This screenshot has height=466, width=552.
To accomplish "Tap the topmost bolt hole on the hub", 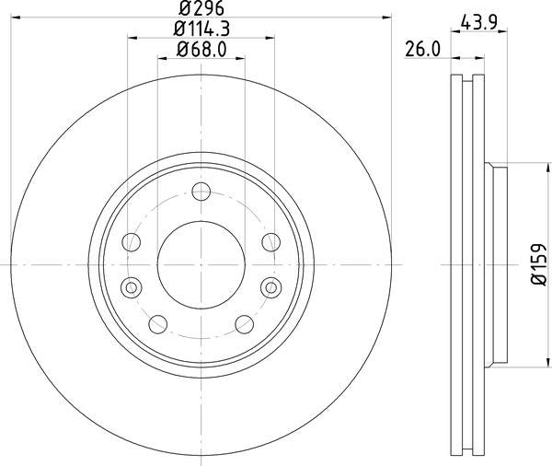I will click(201, 192).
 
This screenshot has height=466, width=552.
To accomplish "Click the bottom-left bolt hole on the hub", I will click(157, 323).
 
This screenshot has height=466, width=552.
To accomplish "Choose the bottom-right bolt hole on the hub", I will click(246, 323).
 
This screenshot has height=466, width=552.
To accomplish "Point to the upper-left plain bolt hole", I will click(132, 241).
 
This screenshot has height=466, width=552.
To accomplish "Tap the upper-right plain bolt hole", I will click(270, 241).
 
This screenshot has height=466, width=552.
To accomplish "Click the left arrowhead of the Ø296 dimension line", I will click(15, 18).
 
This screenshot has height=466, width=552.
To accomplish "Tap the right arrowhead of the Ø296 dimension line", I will click(387, 18).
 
